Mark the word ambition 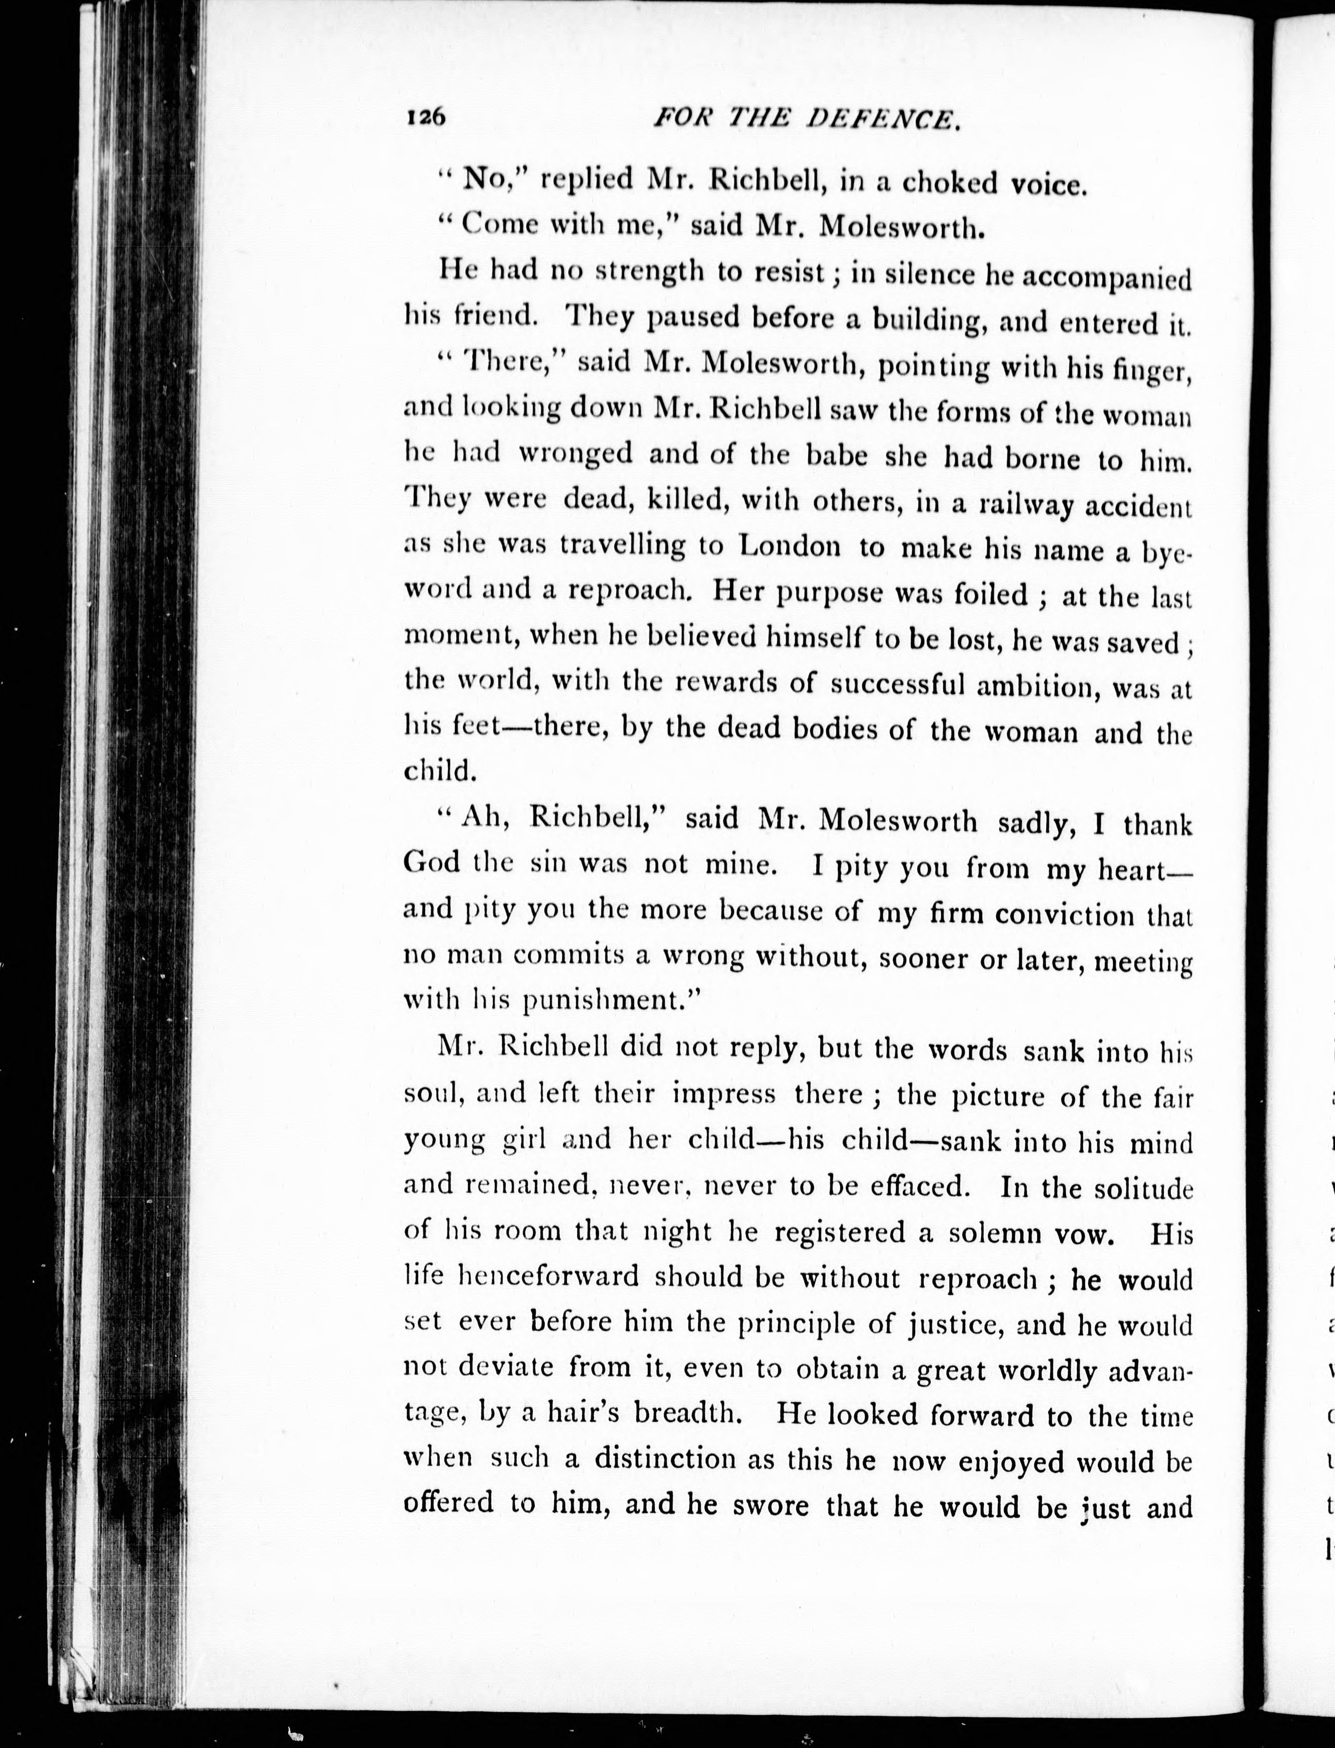(1036, 686)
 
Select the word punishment (609, 999)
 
